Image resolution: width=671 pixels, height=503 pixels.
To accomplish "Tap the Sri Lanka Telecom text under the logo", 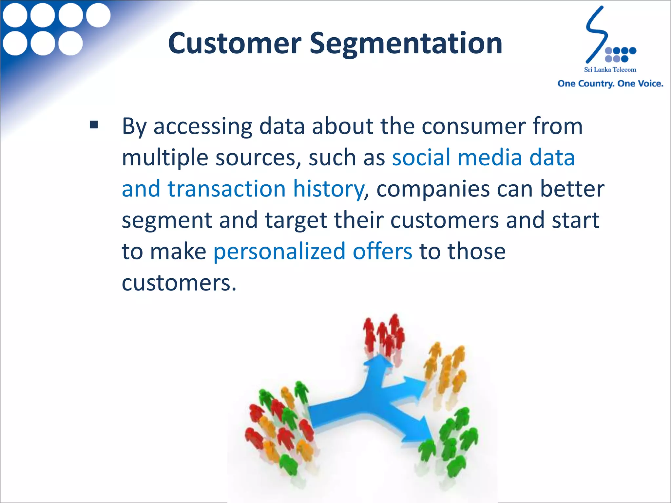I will click(x=610, y=69).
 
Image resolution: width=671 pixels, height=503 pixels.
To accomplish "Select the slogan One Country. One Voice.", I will click(x=610, y=84).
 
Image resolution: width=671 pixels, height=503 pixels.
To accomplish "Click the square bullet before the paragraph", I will click(x=94, y=125).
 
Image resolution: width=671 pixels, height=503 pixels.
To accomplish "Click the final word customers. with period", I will click(x=179, y=283).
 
